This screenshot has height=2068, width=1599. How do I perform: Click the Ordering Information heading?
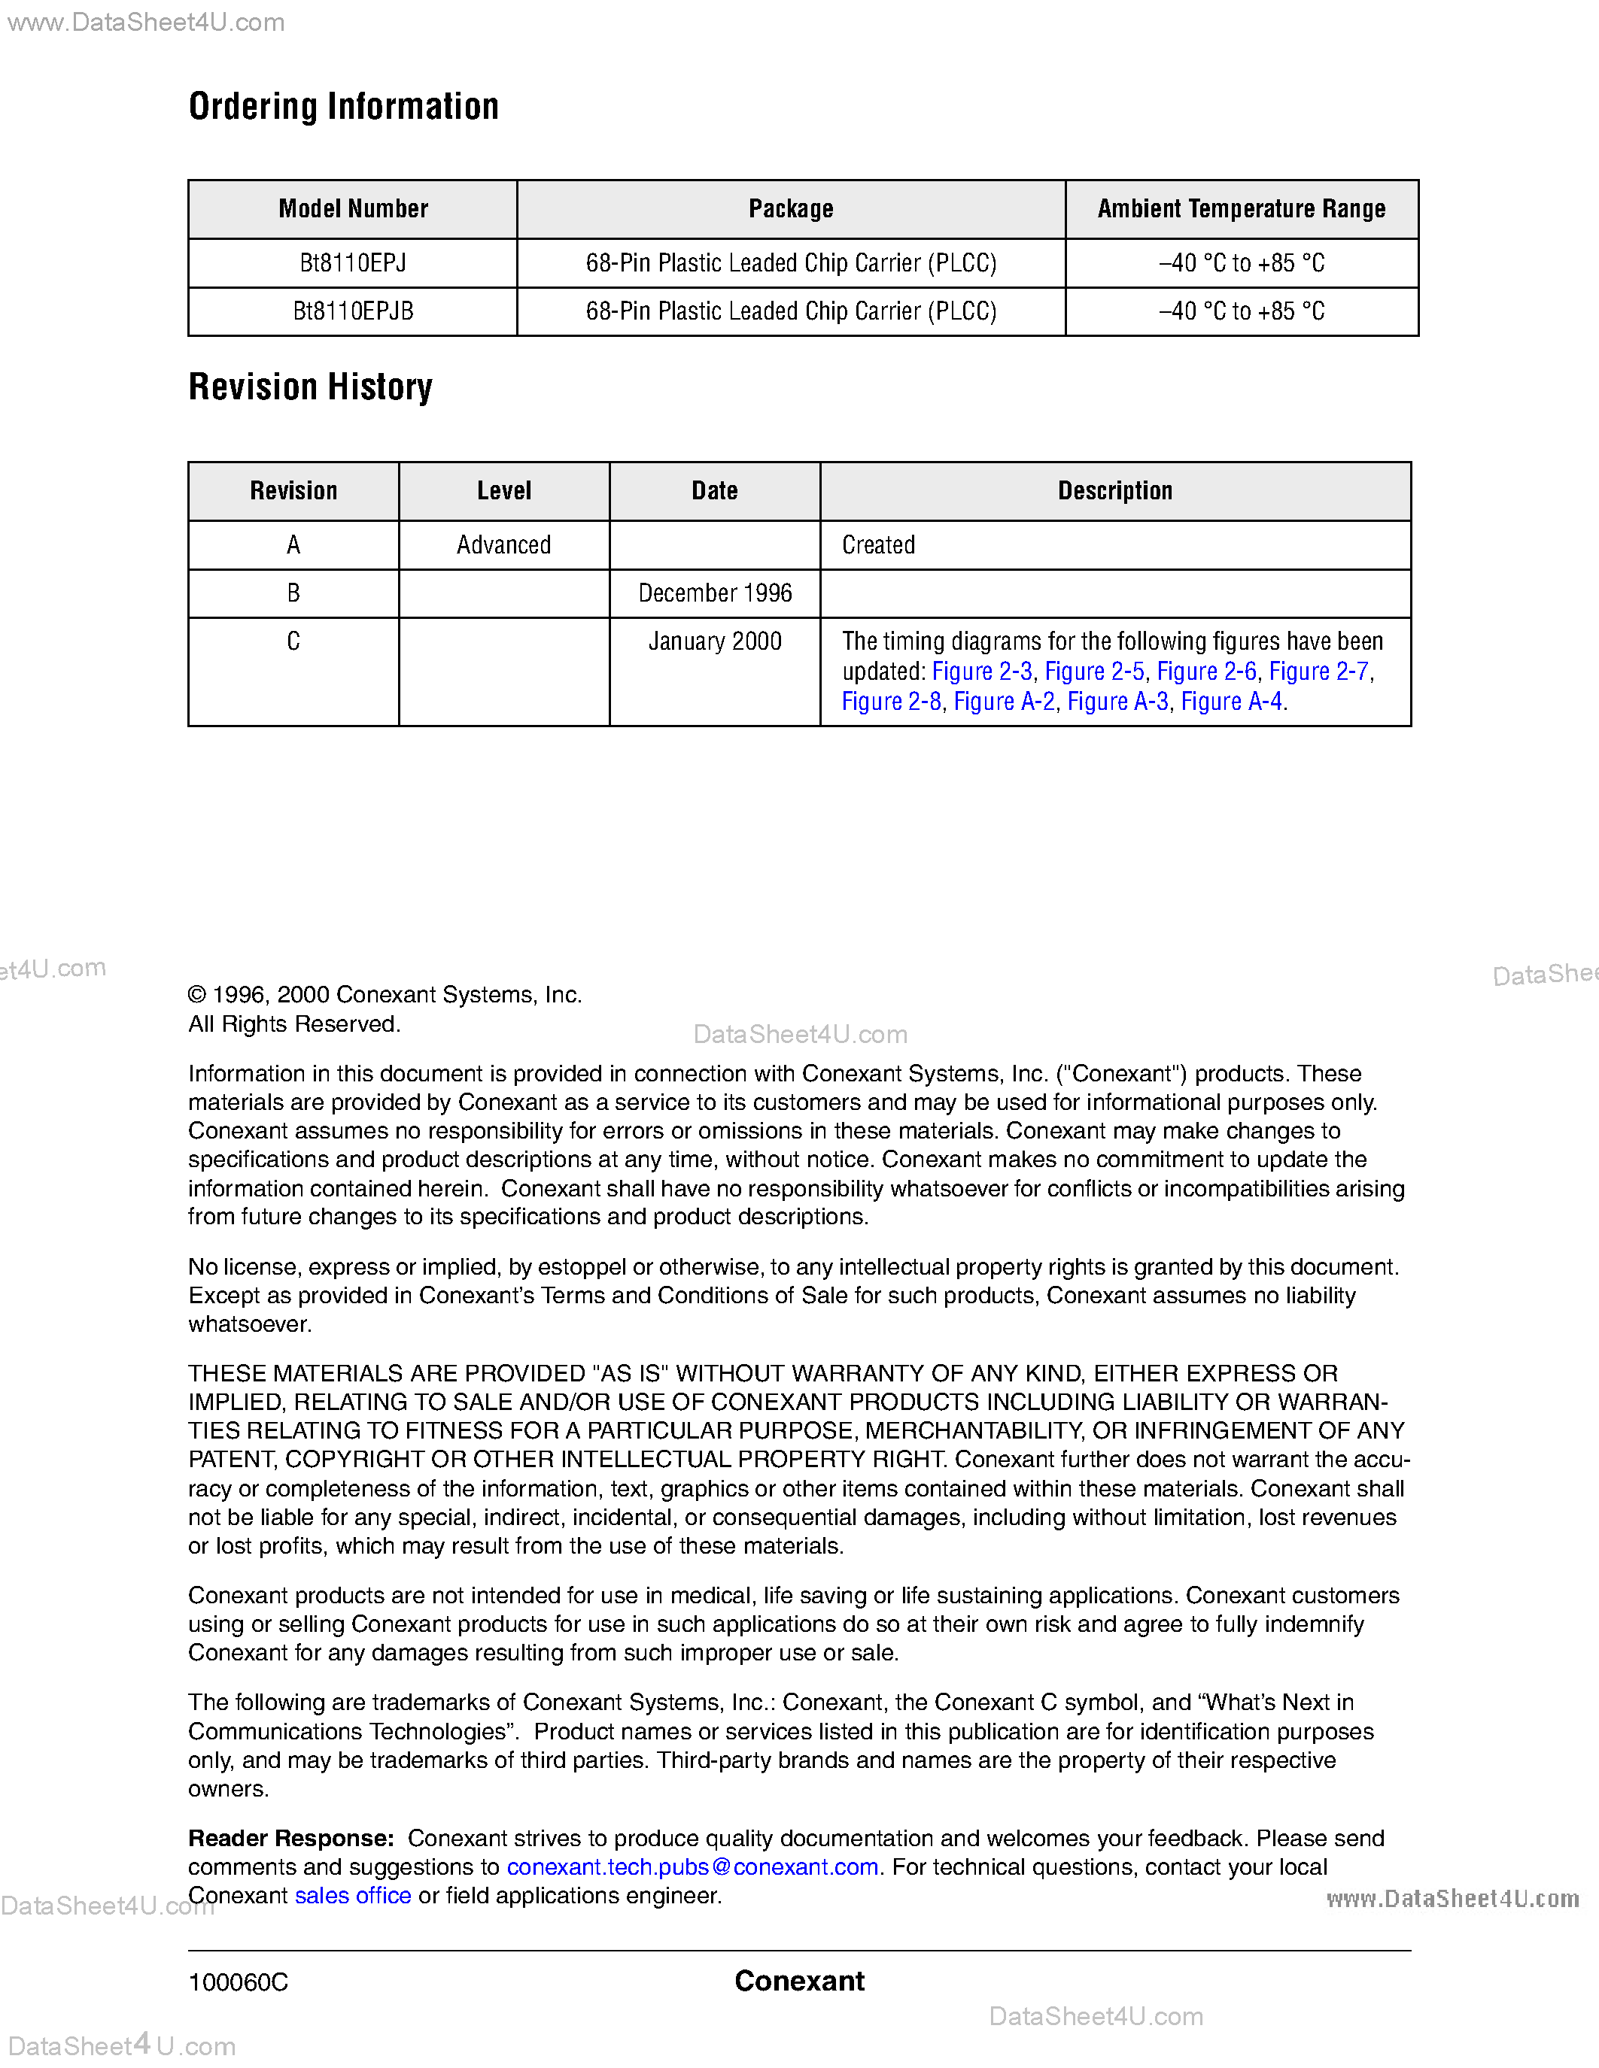343,107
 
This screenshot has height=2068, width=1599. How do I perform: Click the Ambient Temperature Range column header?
1241,209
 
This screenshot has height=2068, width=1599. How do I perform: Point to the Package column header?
790,209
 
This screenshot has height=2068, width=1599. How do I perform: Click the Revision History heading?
310,387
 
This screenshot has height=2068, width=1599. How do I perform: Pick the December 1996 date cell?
714,593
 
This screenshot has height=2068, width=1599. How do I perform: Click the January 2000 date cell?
714,642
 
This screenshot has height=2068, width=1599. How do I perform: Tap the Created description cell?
878,545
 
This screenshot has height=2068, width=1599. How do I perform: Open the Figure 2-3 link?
981,672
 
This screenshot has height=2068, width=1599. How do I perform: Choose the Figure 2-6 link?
1206,672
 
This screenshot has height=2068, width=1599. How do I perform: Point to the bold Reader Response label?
290,1838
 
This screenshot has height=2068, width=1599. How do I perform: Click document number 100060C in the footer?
238,1982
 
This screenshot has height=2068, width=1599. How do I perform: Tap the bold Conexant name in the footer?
798,1981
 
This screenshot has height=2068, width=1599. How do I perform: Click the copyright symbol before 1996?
197,995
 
